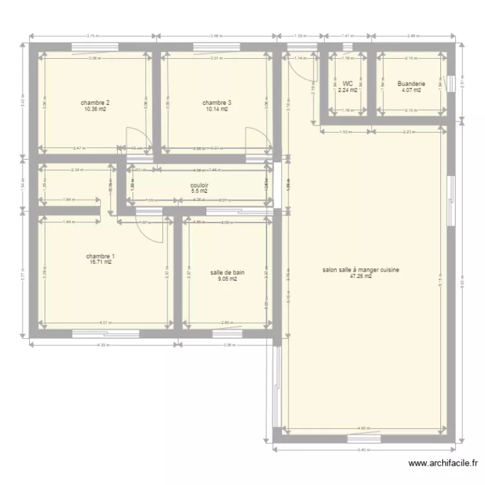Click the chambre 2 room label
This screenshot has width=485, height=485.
[94, 103]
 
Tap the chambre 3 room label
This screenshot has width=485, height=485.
[216, 103]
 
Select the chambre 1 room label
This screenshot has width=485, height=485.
[100, 256]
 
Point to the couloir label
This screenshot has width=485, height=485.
[199, 185]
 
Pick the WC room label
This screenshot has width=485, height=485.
[348, 83]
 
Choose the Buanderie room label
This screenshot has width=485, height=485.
[411, 83]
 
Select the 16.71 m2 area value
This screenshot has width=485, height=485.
[100, 263]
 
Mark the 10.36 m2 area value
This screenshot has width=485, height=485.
[94, 109]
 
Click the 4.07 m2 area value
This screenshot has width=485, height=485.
[411, 91]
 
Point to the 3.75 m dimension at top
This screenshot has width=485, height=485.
[92, 36]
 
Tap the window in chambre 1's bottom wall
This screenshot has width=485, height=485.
[105, 334]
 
